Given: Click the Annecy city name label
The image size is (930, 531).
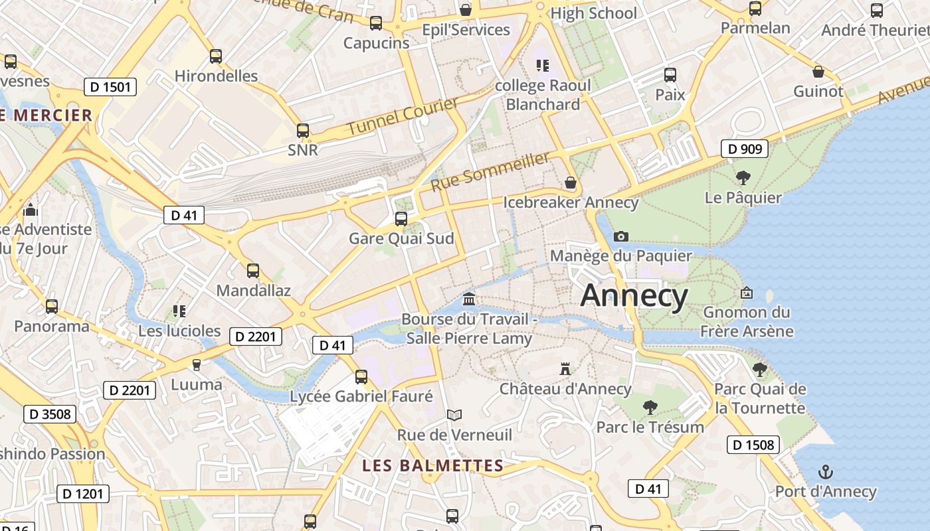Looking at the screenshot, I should [634, 295].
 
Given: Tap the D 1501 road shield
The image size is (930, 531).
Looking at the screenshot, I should [110, 86].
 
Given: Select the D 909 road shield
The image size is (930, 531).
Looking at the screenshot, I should [745, 149].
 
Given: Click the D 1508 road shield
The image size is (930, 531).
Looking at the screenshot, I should [753, 444].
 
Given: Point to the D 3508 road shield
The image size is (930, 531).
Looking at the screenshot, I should [50, 414].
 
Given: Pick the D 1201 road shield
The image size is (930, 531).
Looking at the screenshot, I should [83, 493].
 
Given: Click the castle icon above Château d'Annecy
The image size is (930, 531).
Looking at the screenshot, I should [565, 368].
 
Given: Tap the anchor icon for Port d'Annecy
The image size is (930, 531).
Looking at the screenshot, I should [825, 472].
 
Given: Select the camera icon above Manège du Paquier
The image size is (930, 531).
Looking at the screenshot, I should [621, 236].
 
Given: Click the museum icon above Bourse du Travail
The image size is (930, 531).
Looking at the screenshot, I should [469, 299].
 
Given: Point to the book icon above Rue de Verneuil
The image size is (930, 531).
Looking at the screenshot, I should [454, 416].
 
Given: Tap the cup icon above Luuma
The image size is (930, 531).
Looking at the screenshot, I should [196, 364].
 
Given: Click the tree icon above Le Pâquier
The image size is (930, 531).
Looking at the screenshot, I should [743, 177].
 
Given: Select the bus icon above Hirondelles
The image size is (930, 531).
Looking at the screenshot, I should [216, 56].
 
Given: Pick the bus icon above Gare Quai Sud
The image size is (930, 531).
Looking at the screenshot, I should [401, 218].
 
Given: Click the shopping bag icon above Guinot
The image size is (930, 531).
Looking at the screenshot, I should [818, 72].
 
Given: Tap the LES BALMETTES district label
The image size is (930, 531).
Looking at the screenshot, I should [432, 465].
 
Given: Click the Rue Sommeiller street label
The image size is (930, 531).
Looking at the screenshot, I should [491, 171].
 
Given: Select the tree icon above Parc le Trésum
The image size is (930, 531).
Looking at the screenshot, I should [650, 407].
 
